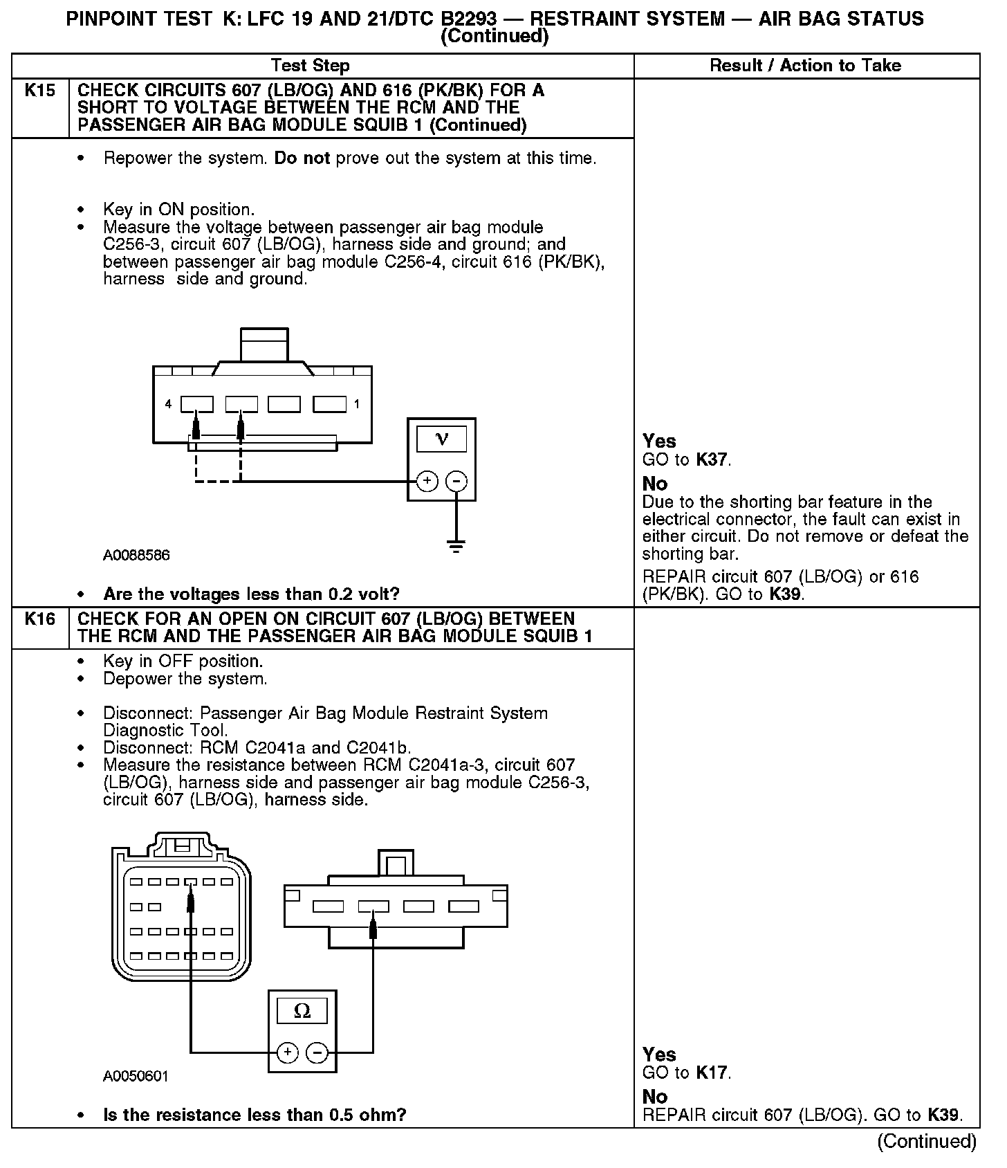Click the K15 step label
[39, 90]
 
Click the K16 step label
[39, 619]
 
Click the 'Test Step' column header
[311, 66]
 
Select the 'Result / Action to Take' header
[806, 66]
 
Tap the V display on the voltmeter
[442, 439]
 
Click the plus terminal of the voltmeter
[427, 481]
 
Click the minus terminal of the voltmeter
[456, 481]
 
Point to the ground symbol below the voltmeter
[456, 545]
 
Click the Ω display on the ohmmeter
[302, 1011]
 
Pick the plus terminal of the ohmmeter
[288, 1053]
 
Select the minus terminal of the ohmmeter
[317, 1053]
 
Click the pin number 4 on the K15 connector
[168, 404]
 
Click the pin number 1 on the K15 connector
[357, 404]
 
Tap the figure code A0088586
[136, 555]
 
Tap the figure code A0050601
[136, 1076]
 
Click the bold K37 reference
[712, 460]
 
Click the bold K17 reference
[712, 1073]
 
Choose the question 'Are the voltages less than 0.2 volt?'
[251, 594]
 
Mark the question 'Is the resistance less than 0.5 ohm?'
[255, 1115]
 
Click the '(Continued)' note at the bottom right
[927, 1141]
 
